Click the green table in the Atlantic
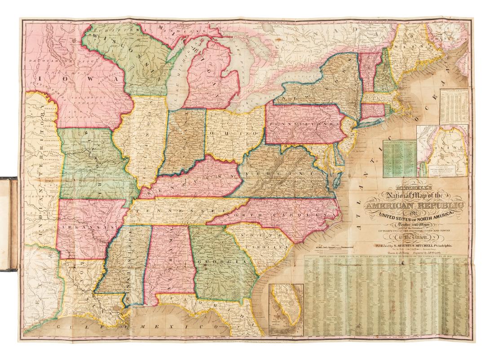point(398,155)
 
